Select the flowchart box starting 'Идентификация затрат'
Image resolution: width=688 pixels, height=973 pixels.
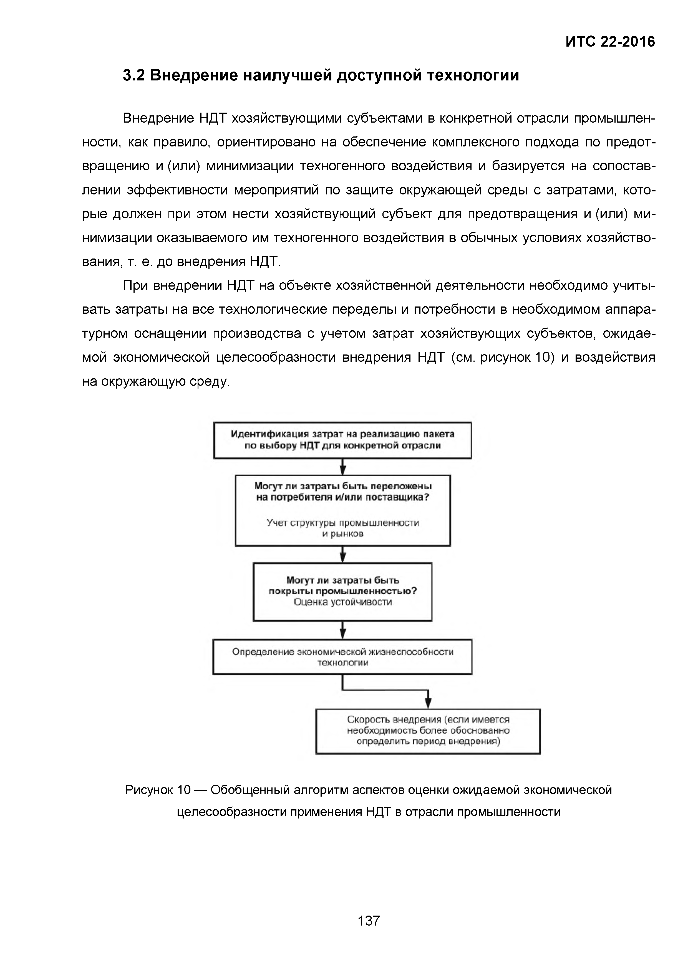point(342,440)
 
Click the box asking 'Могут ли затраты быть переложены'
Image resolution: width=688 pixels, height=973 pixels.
point(342,510)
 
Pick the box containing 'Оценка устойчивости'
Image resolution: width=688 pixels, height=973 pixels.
point(342,592)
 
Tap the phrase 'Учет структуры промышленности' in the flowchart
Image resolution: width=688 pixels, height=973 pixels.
point(342,523)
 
